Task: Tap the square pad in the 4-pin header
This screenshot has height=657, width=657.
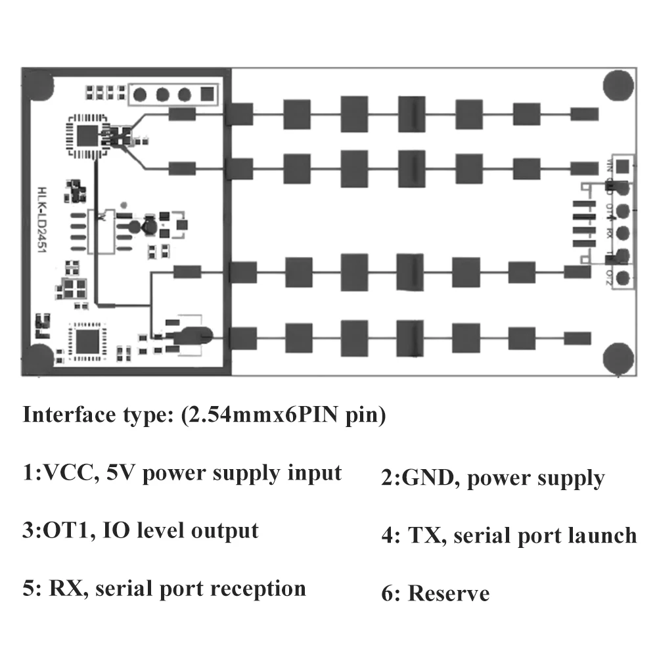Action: pos(208,94)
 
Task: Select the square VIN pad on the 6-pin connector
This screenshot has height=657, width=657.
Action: pos(624,164)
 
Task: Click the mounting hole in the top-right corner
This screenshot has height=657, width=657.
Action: pos(619,86)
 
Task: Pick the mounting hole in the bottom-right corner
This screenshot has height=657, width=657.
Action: pos(619,357)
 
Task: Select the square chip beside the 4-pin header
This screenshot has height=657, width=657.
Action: pos(86,135)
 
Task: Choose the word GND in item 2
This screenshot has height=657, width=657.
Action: pos(430,478)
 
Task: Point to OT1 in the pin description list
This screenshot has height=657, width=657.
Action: pos(66,530)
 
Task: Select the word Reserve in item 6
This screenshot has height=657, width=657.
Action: pos(449,594)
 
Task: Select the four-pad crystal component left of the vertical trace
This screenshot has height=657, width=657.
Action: pos(73,288)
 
